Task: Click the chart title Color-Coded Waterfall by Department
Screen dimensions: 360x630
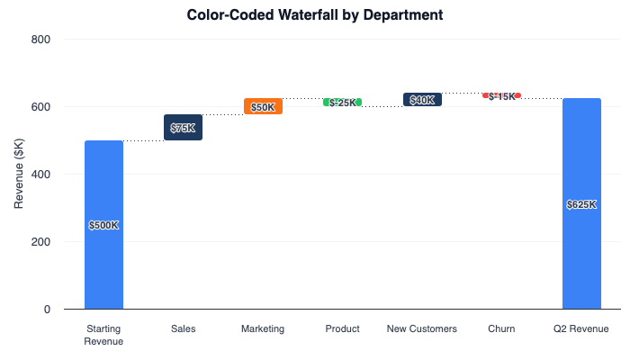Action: [x=315, y=15]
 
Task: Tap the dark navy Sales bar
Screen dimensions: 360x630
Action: [x=183, y=127]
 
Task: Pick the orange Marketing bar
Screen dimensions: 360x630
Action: [x=263, y=106]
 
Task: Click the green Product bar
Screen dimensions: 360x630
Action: [x=343, y=103]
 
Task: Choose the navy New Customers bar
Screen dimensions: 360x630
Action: [x=422, y=100]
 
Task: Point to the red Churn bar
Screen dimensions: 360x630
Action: [x=501, y=95]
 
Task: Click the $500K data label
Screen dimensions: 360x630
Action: [x=103, y=225]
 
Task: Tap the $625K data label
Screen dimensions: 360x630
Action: [x=581, y=204]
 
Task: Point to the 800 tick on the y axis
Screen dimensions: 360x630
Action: [x=40, y=40]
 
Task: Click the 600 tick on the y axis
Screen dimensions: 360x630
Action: [x=40, y=107]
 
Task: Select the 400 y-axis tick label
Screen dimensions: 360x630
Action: [x=40, y=175]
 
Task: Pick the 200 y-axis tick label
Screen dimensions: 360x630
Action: [x=40, y=242]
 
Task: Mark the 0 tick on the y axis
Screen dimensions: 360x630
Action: [x=46, y=310]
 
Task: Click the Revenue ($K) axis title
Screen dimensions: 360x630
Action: [x=19, y=175]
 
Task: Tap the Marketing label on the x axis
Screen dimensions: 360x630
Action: [x=263, y=329]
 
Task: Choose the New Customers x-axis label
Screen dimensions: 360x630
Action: [x=422, y=329]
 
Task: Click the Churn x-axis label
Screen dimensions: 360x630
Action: [x=501, y=329]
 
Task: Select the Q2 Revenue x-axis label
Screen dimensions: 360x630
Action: [x=581, y=329]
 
